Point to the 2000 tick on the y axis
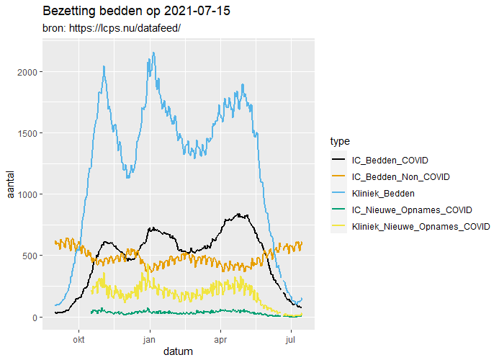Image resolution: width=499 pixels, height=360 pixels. click(x=28, y=72)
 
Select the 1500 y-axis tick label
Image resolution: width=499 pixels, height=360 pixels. click(x=28, y=133)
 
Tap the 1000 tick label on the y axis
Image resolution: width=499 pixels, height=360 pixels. click(x=28, y=194)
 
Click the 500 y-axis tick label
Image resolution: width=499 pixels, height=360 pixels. click(x=31, y=256)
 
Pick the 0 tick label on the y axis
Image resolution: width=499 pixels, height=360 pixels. click(x=35, y=318)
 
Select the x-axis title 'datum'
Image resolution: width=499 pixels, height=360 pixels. click(x=177, y=351)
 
